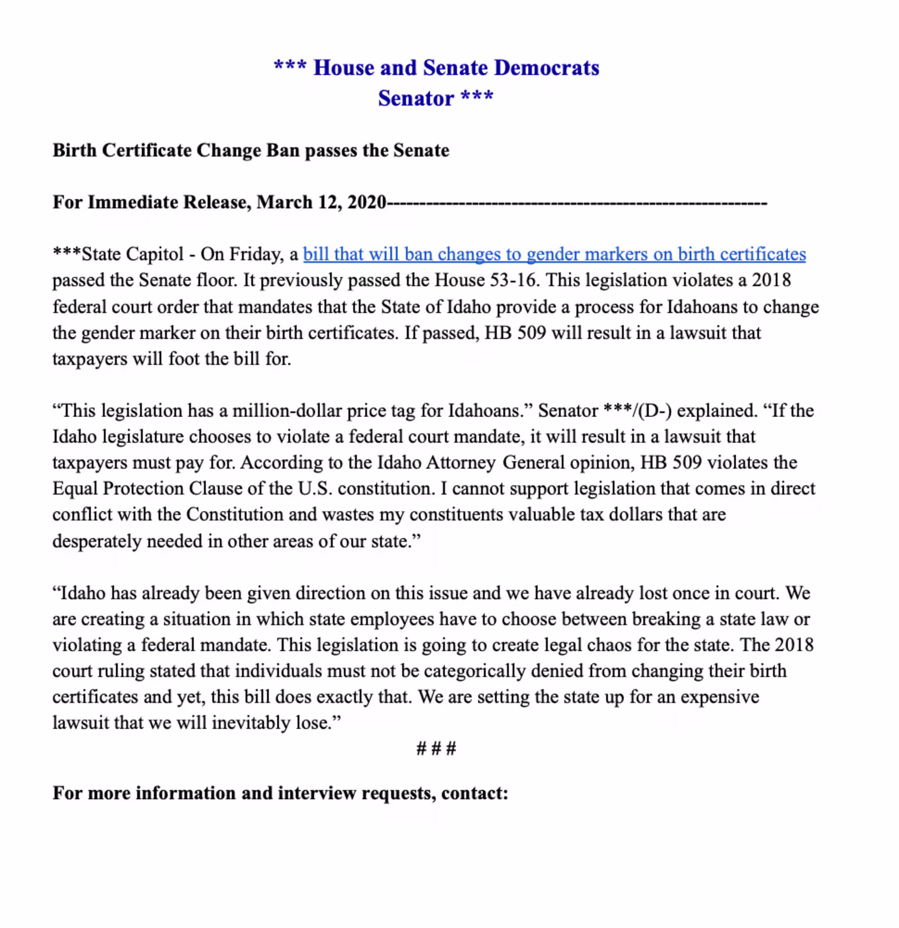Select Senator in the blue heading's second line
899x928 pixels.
click(416, 98)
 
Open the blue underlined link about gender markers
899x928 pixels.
click(554, 254)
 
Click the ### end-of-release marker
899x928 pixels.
click(436, 748)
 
